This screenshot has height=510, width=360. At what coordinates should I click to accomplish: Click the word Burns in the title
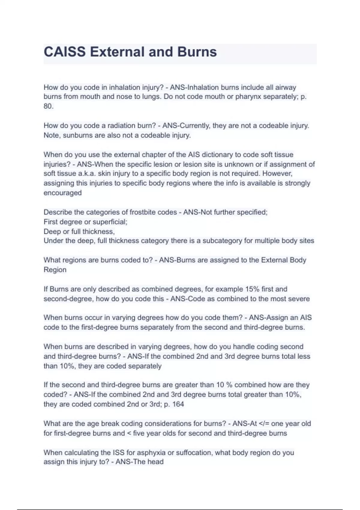pyautogui.click(x=197, y=52)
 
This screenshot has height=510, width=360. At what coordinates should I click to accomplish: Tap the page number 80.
pyautogui.click(x=48, y=106)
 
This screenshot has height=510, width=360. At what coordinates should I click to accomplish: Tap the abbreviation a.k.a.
pyautogui.click(x=86, y=174)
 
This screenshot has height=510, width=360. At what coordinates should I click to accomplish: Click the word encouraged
pyautogui.click(x=62, y=193)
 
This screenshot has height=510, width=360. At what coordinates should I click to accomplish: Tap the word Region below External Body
pyautogui.click(x=55, y=270)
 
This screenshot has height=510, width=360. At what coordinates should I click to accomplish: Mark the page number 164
pyautogui.click(x=178, y=404)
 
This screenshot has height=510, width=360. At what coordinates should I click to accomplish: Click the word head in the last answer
pyautogui.click(x=155, y=462)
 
